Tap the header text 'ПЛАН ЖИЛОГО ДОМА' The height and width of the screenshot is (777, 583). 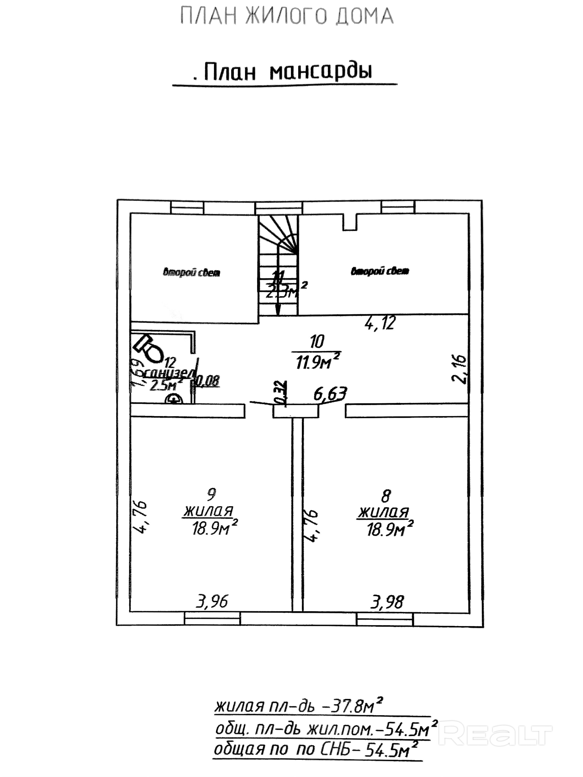pyautogui.click(x=287, y=17)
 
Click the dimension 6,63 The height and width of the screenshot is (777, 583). pyautogui.click(x=330, y=394)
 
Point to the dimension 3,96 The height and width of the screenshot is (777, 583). pyautogui.click(x=212, y=602)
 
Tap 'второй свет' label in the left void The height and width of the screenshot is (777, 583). pyautogui.click(x=192, y=272)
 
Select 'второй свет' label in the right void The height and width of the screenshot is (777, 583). pyautogui.click(x=380, y=271)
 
